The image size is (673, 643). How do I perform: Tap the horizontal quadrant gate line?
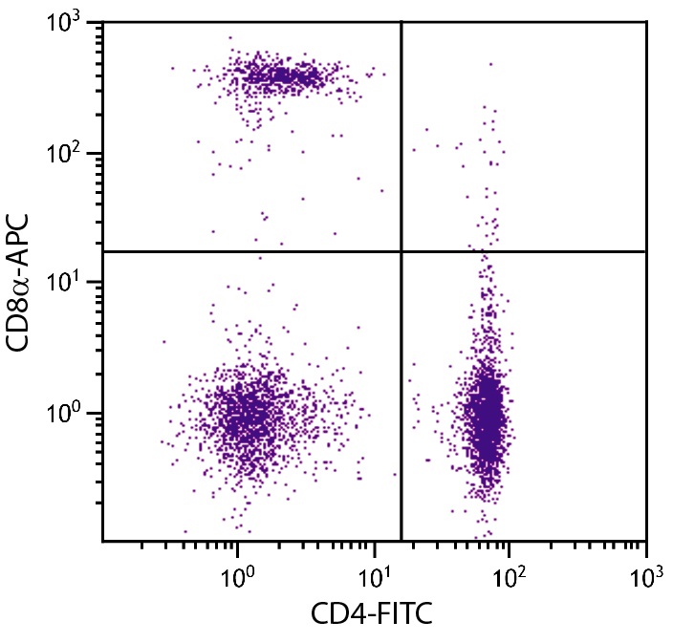click(x=239, y=251)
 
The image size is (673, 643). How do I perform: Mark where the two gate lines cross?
click(x=401, y=251)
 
